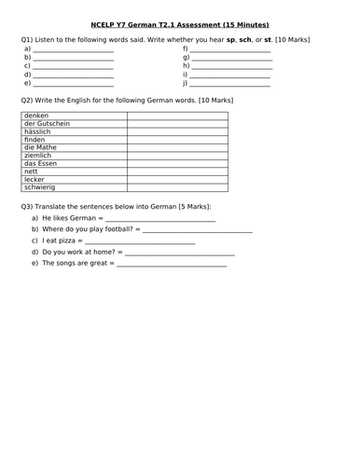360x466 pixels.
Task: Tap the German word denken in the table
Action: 36,116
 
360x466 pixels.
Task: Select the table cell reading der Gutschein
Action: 48,124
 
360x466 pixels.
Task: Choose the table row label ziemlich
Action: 39,156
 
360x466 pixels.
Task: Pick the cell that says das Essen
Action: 41,163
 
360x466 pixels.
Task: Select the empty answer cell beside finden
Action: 176,140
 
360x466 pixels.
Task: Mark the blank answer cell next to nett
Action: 176,171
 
